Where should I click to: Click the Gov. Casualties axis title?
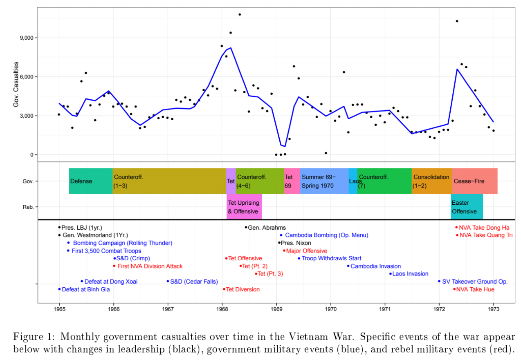coord(16,85)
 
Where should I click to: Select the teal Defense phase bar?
coord(91,181)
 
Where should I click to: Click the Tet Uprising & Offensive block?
coord(244,207)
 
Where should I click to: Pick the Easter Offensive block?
coord(467,207)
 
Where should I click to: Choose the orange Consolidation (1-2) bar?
coord(432,181)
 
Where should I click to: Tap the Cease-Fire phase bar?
coord(475,181)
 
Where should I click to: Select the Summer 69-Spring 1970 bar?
coord(324,181)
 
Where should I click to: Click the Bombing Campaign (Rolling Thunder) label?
coord(122,243)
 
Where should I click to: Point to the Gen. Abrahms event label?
coord(267,228)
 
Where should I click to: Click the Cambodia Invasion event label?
coord(375,266)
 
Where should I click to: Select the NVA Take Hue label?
coord(475,289)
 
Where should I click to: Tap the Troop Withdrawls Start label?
coord(331,258)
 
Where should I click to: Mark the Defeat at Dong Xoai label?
coord(111,282)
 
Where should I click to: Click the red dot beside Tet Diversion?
coord(224,289)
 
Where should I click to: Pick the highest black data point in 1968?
coord(240,14)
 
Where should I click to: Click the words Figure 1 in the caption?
coord(31,337)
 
